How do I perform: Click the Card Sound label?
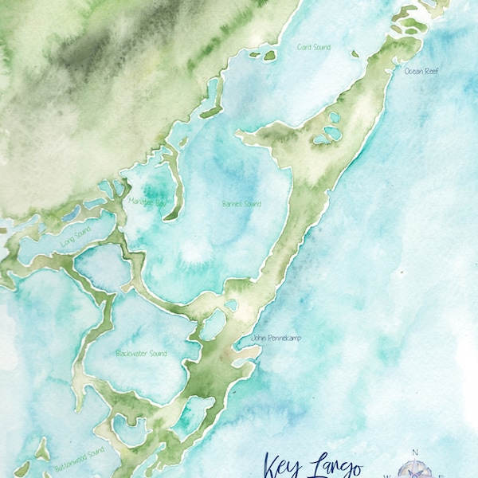pyautogui.click(x=314, y=47)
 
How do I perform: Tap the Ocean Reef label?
pyautogui.click(x=421, y=71)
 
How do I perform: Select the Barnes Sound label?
pyautogui.click(x=241, y=204)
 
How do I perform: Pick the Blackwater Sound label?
pyautogui.click(x=141, y=352)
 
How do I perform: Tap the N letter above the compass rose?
pyautogui.click(x=414, y=452)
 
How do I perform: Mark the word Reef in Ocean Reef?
pyautogui.click(x=430, y=71)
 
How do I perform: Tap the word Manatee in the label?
pyautogui.click(x=141, y=202)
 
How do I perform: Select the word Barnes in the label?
pyautogui.click(x=233, y=204)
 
